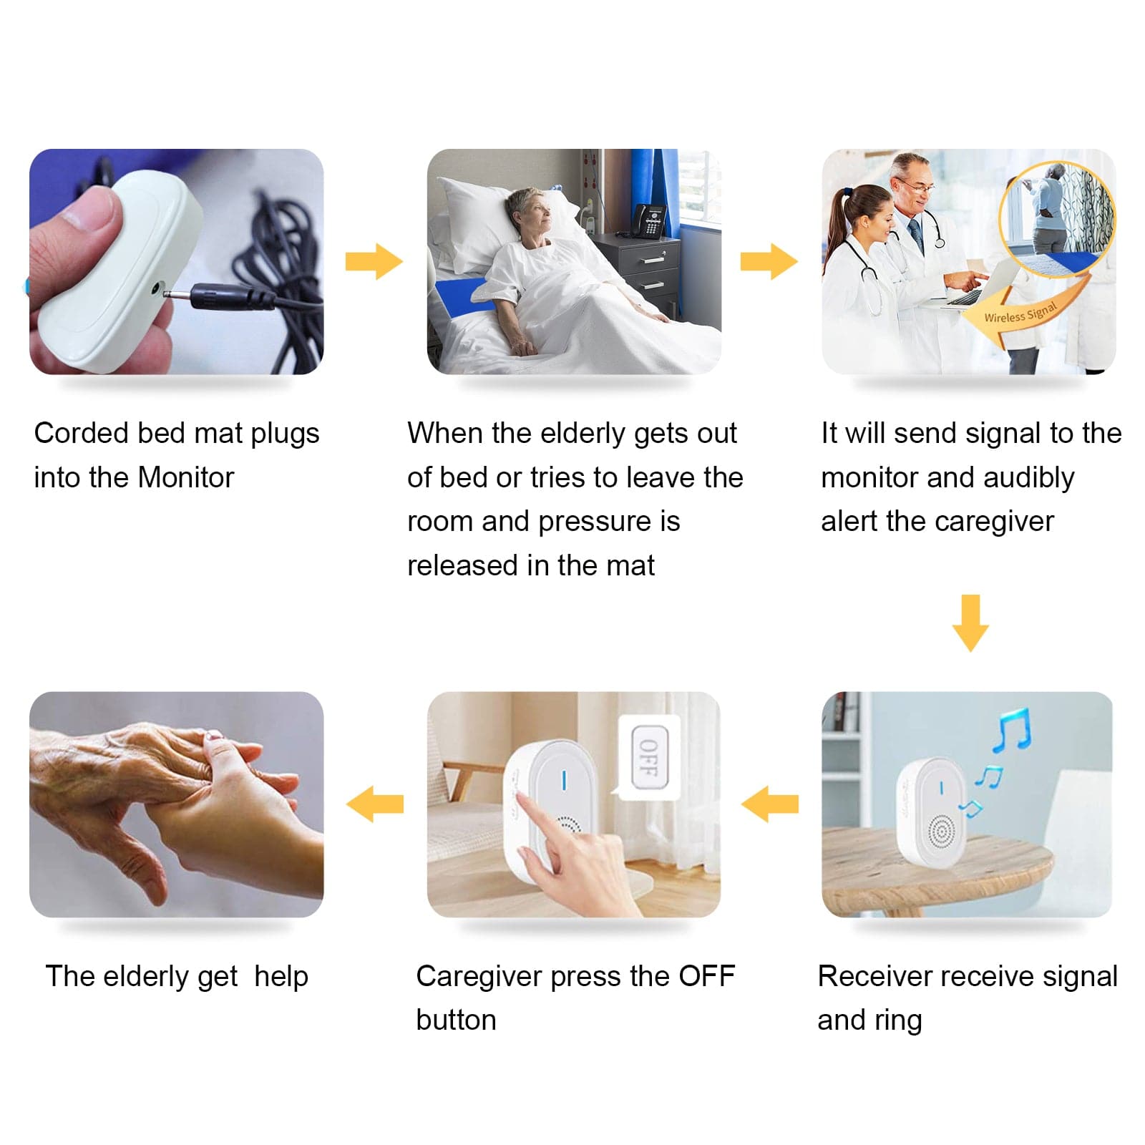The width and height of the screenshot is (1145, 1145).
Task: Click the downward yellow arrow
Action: coord(970,623)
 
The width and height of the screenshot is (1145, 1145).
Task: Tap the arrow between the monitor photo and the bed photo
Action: coord(374,261)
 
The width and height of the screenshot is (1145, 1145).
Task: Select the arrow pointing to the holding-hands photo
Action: coord(375,804)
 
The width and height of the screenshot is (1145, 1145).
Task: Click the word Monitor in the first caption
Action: coord(186,477)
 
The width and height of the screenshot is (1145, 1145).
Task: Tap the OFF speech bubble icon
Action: coord(648,757)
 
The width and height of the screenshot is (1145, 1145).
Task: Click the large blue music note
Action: coord(1012,729)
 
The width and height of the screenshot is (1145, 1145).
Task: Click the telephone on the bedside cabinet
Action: coord(651,220)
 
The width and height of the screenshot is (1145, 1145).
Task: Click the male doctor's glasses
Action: coord(917,187)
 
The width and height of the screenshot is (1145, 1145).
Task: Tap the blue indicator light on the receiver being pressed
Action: coord(564,780)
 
